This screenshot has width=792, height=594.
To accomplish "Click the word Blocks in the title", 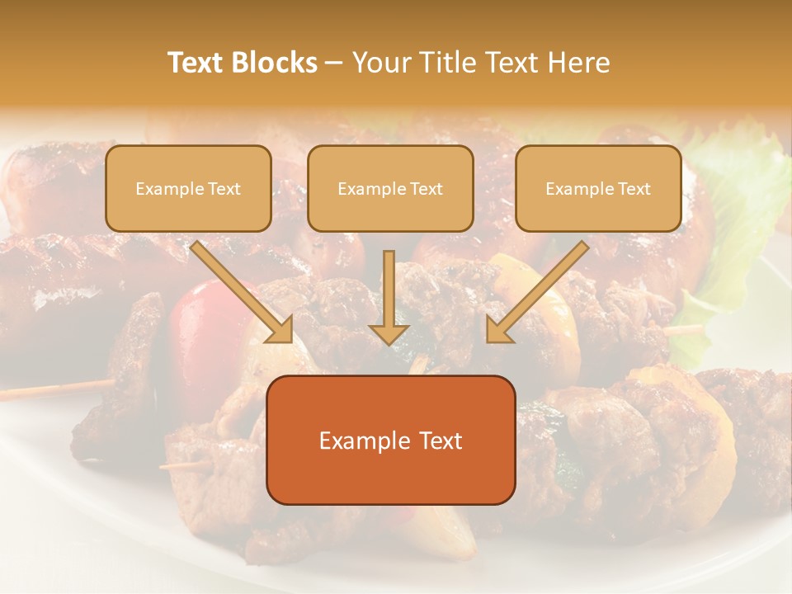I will point(276,63).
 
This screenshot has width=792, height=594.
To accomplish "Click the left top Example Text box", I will point(188,188).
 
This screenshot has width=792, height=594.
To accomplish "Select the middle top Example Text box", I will point(390,188).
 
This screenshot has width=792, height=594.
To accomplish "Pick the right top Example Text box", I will point(598,188).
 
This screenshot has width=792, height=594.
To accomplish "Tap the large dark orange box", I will point(390,440).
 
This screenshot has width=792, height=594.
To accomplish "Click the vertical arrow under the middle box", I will point(389,297).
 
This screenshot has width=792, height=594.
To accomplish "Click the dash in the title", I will point(334,63).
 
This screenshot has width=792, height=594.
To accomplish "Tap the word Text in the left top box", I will point(223,189).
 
